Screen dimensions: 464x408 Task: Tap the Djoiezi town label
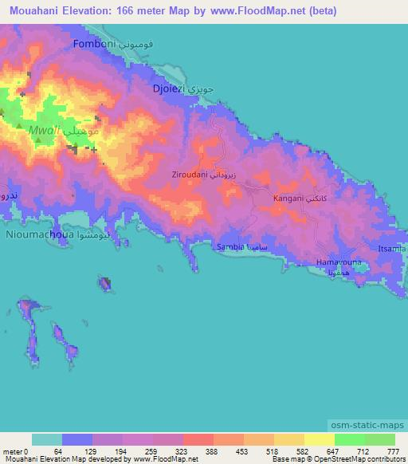coord(169,90)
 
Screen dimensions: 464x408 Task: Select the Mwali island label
coord(41,129)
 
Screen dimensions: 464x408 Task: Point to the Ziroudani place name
coord(190,174)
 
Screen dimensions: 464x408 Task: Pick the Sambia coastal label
coord(230,248)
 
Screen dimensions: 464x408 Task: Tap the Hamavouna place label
coord(339,262)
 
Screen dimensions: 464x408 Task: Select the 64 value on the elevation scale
coord(57,451)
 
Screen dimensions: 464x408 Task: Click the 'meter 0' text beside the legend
coord(15,451)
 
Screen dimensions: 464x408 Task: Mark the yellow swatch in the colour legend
coord(319,439)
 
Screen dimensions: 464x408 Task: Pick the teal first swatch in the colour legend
coord(47,439)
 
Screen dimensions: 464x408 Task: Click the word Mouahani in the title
coord(36,11)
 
